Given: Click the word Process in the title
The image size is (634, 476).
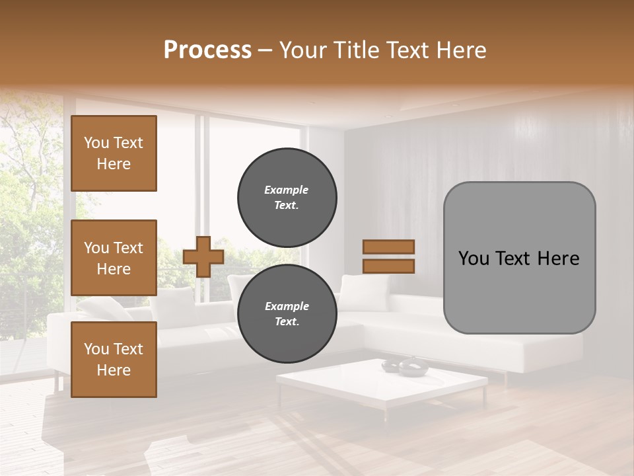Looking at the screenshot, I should [207, 50].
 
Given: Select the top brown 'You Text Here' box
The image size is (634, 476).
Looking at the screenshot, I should [114, 153].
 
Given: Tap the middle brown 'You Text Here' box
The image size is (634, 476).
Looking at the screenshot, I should [114, 258].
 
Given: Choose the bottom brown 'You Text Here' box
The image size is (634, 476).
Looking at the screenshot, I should [114, 360].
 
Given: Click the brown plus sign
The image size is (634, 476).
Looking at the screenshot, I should [203, 257].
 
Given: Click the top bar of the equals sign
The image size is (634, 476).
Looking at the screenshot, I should [388, 247].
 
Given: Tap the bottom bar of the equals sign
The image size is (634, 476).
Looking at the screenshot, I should [388, 266].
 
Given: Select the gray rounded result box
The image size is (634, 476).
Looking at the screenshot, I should [519, 258].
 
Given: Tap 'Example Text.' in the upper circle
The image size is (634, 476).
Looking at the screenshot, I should [287, 198].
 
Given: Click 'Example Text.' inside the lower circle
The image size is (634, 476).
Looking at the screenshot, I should [287, 314].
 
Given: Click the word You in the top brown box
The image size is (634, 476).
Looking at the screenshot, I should [96, 143].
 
